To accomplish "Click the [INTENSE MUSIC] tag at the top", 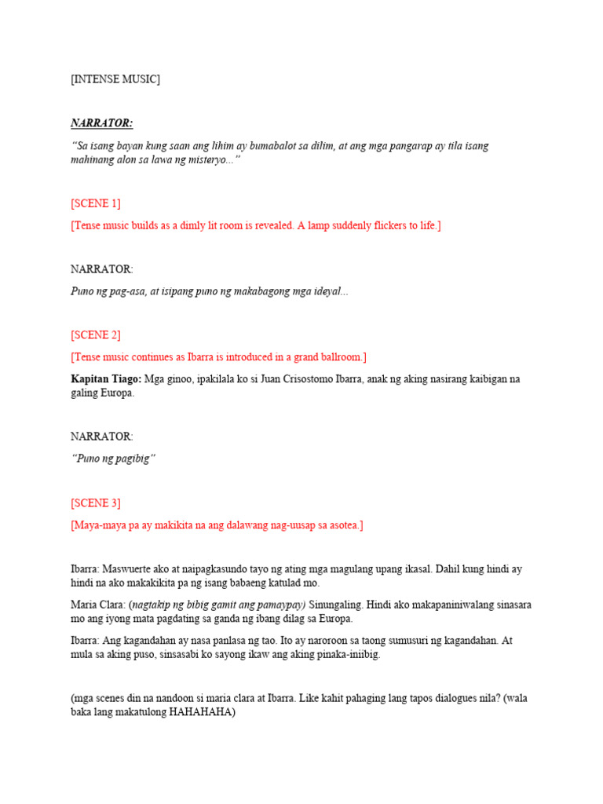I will pyautogui.click(x=115, y=79).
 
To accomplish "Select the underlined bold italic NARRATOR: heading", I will pyautogui.click(x=101, y=123).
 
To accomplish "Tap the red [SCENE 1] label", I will pyautogui.click(x=95, y=203).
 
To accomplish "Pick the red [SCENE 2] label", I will pyautogui.click(x=95, y=335).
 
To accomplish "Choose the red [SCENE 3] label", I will pyautogui.click(x=95, y=503).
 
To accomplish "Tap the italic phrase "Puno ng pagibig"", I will pyautogui.click(x=113, y=459).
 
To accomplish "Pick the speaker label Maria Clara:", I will pyautogui.click(x=97, y=605).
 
